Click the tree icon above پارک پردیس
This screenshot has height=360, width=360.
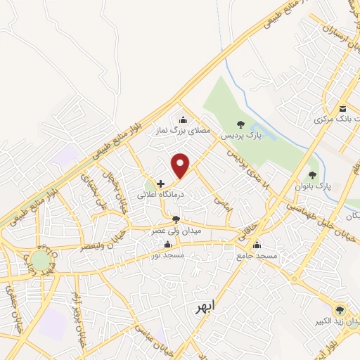click(x=240, y=124)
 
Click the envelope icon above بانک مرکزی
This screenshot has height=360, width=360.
click(x=342, y=109)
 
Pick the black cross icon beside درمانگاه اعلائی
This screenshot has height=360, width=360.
click(x=161, y=183)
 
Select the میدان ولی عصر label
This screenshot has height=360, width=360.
click(x=177, y=230)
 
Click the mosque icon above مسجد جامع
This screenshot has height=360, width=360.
click(x=257, y=245)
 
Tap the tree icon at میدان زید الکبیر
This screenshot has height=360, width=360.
click(x=340, y=309)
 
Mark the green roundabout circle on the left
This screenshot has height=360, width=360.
click(x=40, y=261)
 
